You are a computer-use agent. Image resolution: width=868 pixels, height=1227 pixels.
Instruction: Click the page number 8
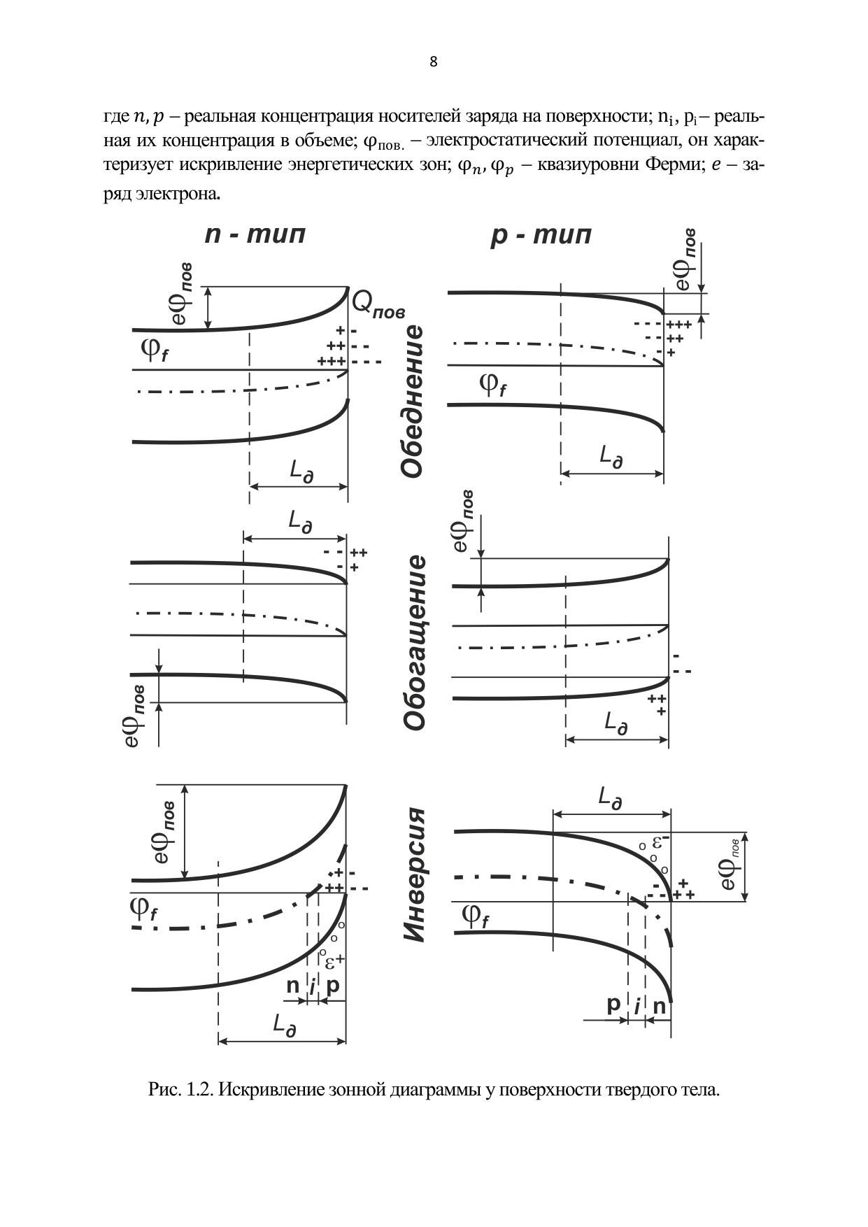coord(434,62)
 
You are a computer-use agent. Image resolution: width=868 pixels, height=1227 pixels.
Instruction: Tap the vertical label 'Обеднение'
coord(413,401)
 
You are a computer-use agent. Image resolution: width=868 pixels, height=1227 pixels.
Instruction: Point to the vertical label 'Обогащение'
coord(414,643)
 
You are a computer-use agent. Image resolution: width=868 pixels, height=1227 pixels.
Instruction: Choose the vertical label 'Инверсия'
coord(414,875)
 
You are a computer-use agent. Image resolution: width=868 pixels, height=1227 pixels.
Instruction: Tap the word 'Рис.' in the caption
coord(164,1089)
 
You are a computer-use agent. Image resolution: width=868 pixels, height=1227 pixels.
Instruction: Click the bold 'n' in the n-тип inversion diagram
coord(293,986)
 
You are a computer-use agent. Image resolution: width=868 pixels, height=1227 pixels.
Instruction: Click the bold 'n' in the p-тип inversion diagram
coord(659,1007)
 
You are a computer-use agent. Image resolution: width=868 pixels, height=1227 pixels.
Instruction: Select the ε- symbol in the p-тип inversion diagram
coord(662,841)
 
